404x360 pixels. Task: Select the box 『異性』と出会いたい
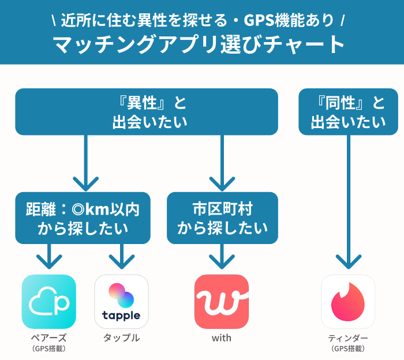point(146,112)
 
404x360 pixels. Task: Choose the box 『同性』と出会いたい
point(348,112)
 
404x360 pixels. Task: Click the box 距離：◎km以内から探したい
point(83,218)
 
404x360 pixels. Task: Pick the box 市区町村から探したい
point(222,218)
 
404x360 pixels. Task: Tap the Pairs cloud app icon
point(49,301)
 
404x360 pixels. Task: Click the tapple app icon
point(121,301)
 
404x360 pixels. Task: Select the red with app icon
point(222,301)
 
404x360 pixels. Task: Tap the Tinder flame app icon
point(348,301)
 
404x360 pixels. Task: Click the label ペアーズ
point(49,338)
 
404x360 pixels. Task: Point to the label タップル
point(121,338)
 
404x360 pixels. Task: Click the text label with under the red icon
point(222,338)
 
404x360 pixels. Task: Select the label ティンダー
point(348,338)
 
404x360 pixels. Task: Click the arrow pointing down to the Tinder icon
point(348,202)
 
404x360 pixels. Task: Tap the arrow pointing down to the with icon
point(222,257)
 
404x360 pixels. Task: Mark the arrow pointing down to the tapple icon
point(121,257)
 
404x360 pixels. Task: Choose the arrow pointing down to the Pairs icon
point(49,257)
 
